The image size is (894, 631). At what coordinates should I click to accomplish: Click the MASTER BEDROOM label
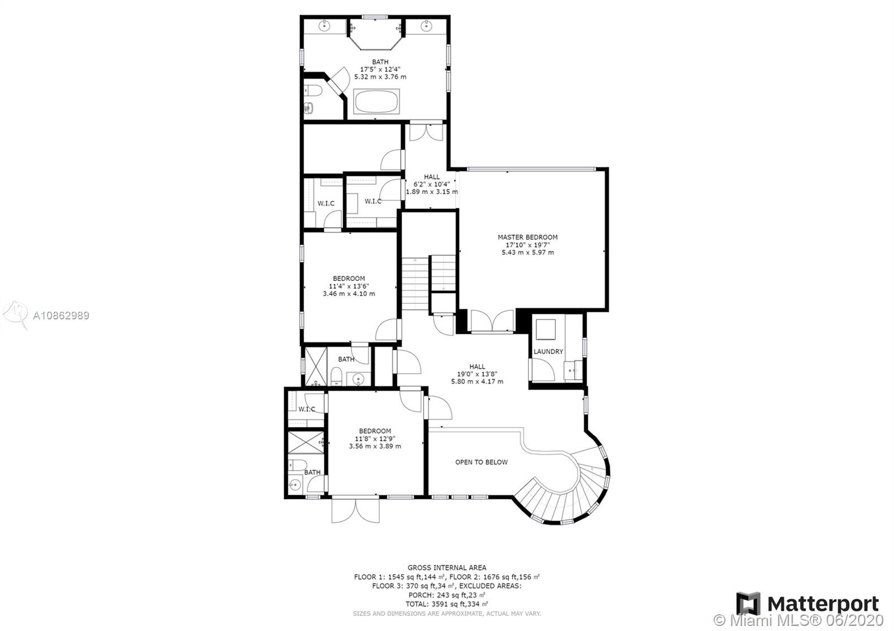pos(527,237)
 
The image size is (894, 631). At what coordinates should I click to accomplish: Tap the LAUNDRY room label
pos(548,351)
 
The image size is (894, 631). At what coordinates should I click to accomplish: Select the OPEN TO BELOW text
pos(481,462)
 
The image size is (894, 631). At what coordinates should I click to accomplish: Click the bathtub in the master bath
pos(377,101)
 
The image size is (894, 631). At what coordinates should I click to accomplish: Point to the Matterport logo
pos(807,604)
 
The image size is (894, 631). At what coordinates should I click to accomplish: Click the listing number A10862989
pos(61,315)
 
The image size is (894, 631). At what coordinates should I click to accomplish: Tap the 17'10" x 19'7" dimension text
pos(527,245)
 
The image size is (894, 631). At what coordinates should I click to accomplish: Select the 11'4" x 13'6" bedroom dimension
pos(349,286)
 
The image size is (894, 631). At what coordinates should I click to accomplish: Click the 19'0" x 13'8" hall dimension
pos(477,374)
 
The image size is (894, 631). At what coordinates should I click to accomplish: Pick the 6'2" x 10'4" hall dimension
pos(431,184)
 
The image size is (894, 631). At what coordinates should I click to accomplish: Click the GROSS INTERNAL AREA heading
pos(447,567)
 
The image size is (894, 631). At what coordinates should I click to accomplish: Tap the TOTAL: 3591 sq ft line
pos(446,604)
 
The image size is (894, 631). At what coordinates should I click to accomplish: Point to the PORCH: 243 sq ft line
pos(446,595)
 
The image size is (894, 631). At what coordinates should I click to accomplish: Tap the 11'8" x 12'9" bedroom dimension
pos(375,438)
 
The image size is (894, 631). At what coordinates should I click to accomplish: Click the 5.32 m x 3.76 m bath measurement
pos(381,77)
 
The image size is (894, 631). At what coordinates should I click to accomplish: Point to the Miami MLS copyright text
pos(798,620)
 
